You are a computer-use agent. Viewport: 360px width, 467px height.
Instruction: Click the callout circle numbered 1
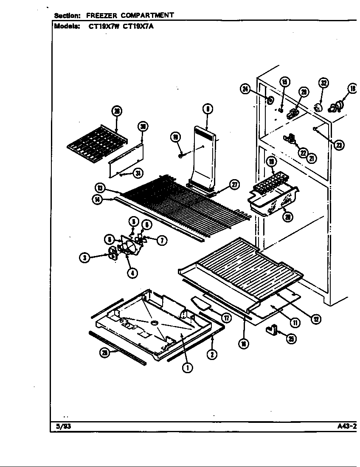click(x=186, y=368)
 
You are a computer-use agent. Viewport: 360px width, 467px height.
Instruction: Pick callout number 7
click(x=162, y=241)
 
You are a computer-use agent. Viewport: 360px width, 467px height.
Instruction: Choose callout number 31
click(x=138, y=173)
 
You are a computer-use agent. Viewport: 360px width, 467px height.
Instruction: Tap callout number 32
click(x=324, y=83)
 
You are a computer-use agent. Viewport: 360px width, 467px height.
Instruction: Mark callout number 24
click(x=245, y=89)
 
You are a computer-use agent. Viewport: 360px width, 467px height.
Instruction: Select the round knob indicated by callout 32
click(x=317, y=107)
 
